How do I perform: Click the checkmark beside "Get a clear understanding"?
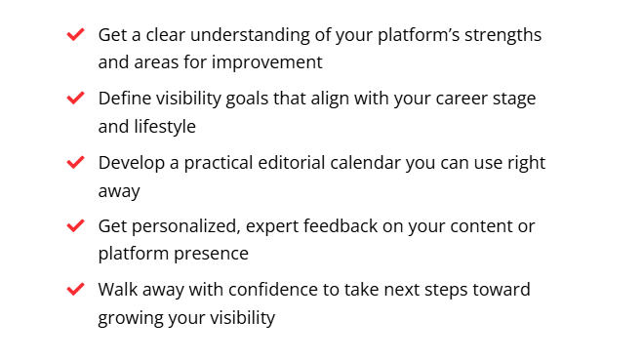75,35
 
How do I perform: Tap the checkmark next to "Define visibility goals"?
75,99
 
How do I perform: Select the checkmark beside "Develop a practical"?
75,162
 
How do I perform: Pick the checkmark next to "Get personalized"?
75,225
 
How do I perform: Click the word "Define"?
122,99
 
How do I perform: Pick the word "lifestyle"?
163,126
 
